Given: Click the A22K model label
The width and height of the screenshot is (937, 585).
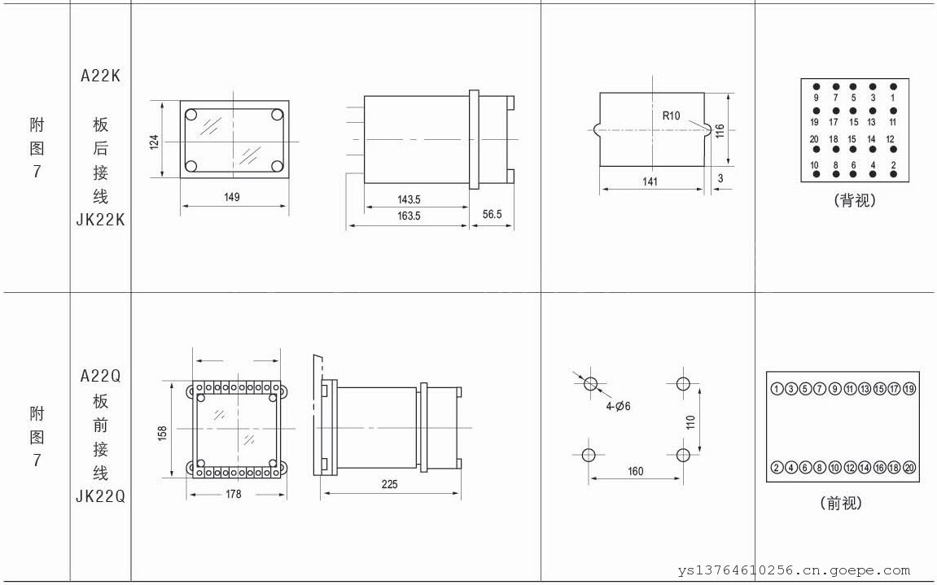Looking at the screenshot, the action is (x=100, y=76).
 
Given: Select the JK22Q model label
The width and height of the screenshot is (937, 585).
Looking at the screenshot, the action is (x=100, y=496).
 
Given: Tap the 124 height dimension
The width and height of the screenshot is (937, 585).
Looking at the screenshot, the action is (x=154, y=142).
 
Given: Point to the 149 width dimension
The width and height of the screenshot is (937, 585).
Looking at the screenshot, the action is (x=232, y=197).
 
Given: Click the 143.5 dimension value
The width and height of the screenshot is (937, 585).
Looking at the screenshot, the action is (x=409, y=199).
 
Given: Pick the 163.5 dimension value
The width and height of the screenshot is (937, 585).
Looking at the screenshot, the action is (x=409, y=216).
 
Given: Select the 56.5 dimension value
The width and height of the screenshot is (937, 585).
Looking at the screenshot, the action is (x=492, y=214).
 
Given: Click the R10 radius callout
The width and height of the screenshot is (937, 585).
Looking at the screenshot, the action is (x=671, y=116).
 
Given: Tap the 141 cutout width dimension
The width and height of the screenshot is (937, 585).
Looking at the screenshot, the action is (x=650, y=181).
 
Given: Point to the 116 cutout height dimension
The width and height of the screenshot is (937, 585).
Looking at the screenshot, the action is (x=720, y=131).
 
